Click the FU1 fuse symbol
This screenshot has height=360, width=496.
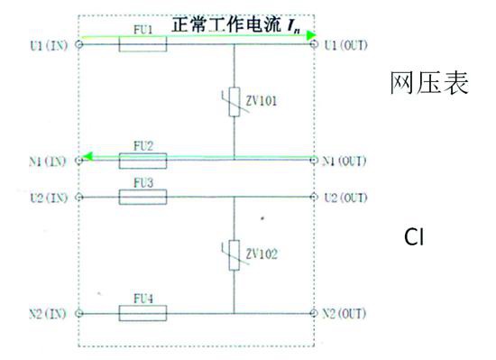point(142,43)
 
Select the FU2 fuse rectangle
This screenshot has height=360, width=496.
point(142,161)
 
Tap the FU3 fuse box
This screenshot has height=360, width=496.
point(142,197)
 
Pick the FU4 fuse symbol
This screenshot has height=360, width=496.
point(142,313)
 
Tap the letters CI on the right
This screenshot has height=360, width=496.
point(415,238)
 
